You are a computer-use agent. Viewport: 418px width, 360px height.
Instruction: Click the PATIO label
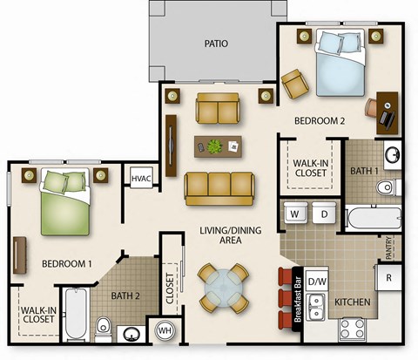216,43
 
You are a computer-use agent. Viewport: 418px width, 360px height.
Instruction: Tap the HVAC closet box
141,179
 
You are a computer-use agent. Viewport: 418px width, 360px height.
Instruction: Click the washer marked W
295,214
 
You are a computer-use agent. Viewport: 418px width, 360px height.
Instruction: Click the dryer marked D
322,214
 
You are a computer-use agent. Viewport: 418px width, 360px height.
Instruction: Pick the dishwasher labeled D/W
318,281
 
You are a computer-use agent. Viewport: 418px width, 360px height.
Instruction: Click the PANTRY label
389,247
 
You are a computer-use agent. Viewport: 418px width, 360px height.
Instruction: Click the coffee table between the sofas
218,146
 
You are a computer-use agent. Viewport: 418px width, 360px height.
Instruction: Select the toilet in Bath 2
103,328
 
